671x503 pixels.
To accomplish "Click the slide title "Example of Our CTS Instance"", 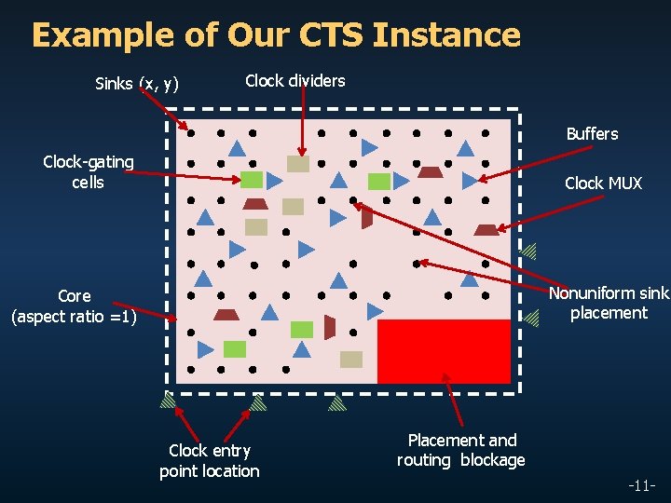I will tap(276, 35).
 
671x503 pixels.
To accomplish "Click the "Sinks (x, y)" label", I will tap(137, 85).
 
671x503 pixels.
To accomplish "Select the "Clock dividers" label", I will tap(294, 81).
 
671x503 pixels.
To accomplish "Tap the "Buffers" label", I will tap(592, 134).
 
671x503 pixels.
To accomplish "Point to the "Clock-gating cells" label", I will tap(89, 172).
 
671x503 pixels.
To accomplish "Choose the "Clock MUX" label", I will tap(603, 184).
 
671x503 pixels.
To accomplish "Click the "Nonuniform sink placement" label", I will tap(609, 304).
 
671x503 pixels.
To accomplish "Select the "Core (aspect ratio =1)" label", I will tap(74, 306).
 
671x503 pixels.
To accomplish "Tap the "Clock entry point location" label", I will tap(209, 461).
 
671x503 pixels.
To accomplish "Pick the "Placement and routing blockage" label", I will tap(461, 450).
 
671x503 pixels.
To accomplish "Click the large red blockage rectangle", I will tap(444, 350).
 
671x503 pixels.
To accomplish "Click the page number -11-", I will tap(641, 486).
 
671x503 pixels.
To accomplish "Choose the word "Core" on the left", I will tap(75, 296).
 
